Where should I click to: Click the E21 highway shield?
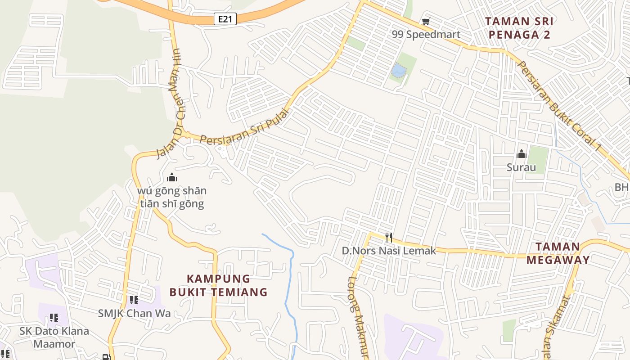pyautogui.click(x=225, y=19)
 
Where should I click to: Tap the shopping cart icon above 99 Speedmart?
pyautogui.click(x=426, y=21)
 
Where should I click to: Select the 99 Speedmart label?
pyautogui.click(x=426, y=35)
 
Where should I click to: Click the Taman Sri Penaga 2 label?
pyautogui.click(x=519, y=28)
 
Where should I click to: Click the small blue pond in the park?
pyautogui.click(x=399, y=71)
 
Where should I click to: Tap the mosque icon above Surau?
pyautogui.click(x=522, y=154)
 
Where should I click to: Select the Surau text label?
pyautogui.click(x=522, y=168)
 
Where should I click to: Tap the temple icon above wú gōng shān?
pyautogui.click(x=171, y=177)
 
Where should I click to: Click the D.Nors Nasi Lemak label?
pyautogui.click(x=389, y=251)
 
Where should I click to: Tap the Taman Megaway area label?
pyautogui.click(x=558, y=253)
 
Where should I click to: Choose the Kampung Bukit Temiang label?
pyautogui.click(x=219, y=285)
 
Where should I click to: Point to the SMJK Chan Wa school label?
pyautogui.click(x=134, y=313)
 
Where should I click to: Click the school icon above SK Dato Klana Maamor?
pyautogui.click(x=54, y=318)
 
